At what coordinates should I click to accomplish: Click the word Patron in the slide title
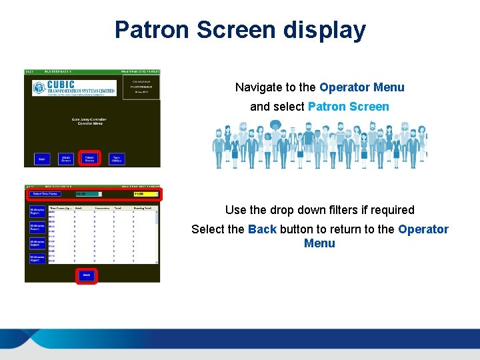pos(154,30)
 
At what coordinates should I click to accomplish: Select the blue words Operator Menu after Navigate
pos(361,87)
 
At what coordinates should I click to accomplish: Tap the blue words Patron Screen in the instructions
pos(348,107)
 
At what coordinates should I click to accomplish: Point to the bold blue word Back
pos(262,229)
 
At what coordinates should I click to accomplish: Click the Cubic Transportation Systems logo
pos(74,88)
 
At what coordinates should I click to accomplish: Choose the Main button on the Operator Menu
pos(41,159)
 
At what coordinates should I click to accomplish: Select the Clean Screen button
pos(66,159)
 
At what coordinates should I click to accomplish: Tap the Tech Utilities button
pos(117,159)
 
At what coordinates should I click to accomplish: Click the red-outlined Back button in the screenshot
pos(86,275)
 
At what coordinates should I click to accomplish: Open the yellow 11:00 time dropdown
pos(146,194)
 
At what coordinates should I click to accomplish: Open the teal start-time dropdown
pos(89,194)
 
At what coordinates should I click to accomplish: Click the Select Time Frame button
pos(46,194)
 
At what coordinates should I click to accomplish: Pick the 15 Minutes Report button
pos(37,212)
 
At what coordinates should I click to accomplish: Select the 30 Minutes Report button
pos(37,227)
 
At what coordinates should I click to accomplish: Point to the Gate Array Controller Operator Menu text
pos(89,122)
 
